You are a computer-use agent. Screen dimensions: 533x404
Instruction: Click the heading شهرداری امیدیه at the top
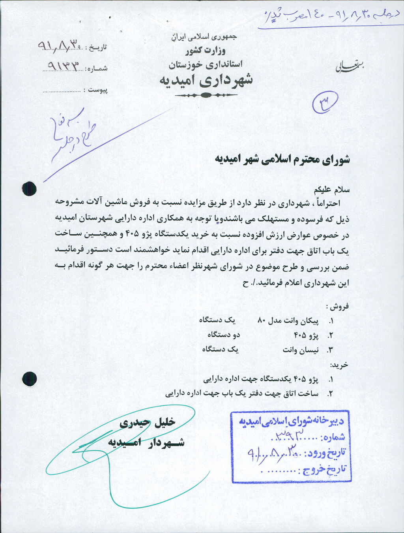pyautogui.click(x=206, y=80)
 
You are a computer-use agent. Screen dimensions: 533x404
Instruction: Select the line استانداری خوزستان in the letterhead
pyautogui.click(x=206, y=64)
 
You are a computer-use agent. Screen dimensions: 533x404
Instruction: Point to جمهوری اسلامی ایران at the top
pyautogui.click(x=205, y=37)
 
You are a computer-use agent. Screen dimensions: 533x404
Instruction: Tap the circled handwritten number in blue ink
pyautogui.click(x=325, y=102)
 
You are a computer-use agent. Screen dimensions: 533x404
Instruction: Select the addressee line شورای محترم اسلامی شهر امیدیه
pyautogui.click(x=282, y=160)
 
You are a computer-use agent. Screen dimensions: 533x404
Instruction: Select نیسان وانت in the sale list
pyautogui.click(x=300, y=350)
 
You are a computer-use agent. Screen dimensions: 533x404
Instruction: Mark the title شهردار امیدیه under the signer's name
pyautogui.click(x=146, y=442)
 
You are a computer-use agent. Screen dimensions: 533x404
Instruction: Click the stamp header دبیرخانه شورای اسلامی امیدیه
pyautogui.click(x=291, y=422)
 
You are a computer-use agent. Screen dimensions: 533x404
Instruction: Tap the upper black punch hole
pyautogui.click(x=30, y=189)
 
